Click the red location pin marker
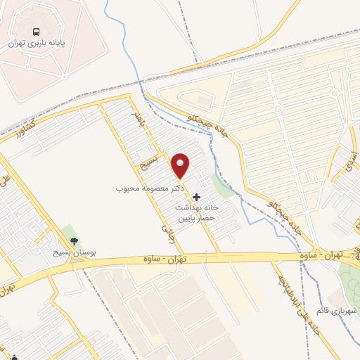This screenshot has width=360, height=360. tap(181, 165)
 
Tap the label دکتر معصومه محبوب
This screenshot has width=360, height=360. tap(150, 189)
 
